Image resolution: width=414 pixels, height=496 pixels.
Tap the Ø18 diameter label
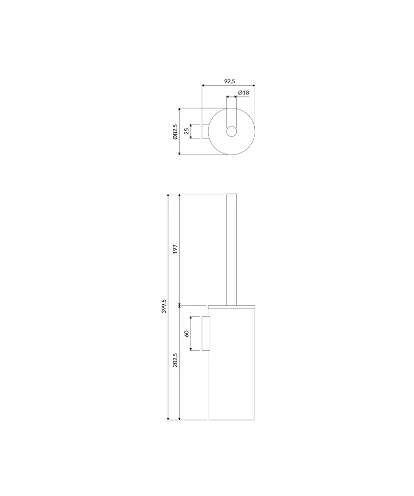click(243, 93)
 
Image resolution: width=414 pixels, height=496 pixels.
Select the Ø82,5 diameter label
click(175, 131)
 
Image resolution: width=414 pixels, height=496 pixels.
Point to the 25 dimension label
click(186, 131)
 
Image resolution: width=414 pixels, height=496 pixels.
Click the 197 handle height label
click(175, 249)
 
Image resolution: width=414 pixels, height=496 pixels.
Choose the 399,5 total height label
click(164, 307)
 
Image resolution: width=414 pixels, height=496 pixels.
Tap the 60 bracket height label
click(186, 333)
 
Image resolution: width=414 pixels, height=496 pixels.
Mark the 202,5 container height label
click(175, 359)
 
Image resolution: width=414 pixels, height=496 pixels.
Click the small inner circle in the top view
click(231, 131)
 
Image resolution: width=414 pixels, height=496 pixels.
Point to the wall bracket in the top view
click(205, 131)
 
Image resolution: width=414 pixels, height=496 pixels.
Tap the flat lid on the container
click(231, 307)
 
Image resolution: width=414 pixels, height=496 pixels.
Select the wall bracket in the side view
click(205, 333)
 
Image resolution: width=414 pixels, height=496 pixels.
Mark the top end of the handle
click(231, 195)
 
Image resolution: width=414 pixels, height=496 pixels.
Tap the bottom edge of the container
click(231, 419)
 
